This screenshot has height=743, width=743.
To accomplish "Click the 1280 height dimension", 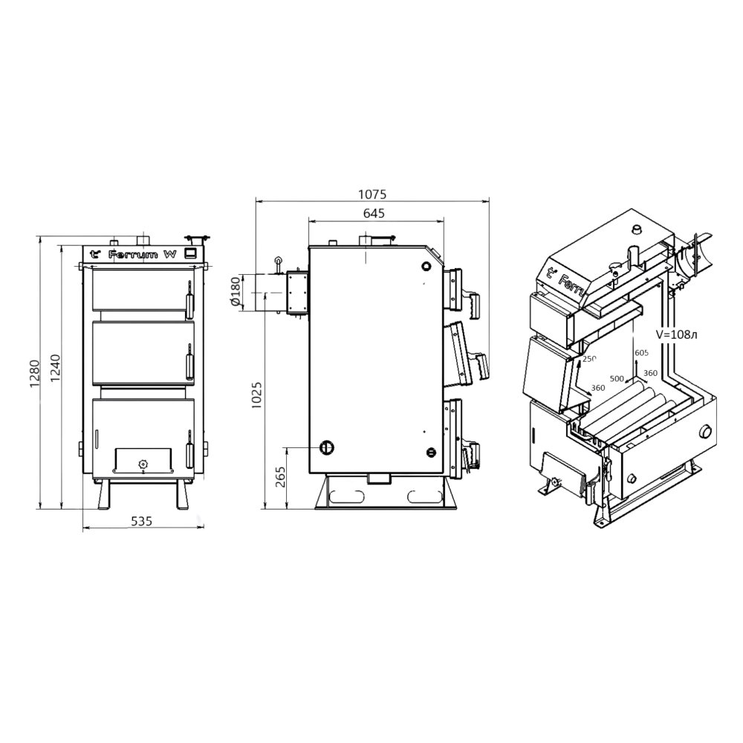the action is click(34, 374).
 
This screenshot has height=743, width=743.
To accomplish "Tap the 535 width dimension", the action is click(142, 522).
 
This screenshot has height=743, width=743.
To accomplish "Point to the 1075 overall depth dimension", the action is click(372, 194).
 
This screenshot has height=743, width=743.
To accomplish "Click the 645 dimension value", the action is click(374, 213).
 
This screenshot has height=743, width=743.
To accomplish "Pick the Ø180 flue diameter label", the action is click(236, 292).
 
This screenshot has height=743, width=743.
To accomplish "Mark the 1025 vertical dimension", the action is click(256, 396).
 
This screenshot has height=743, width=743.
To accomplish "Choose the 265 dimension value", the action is click(279, 478).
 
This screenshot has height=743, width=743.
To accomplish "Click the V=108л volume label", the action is click(676, 334).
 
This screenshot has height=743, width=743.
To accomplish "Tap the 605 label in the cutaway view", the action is click(641, 352).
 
